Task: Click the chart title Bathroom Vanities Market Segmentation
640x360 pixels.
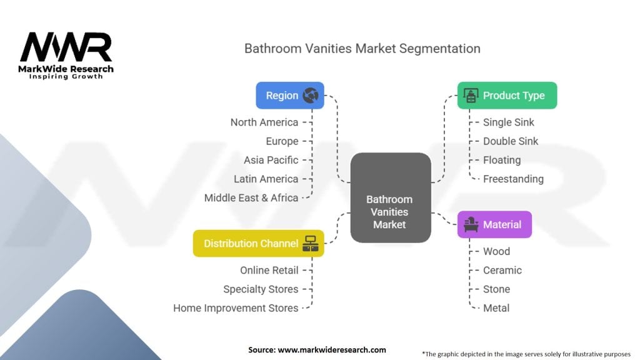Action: click(x=362, y=48)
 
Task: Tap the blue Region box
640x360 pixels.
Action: click(x=290, y=96)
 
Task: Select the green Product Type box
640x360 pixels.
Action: click(x=507, y=96)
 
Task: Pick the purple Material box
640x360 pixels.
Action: click(x=494, y=224)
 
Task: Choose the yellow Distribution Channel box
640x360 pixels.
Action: click(x=258, y=244)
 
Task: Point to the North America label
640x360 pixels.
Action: click(x=264, y=122)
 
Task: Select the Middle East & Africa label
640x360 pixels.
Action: click(x=251, y=197)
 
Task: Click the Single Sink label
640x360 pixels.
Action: click(x=509, y=122)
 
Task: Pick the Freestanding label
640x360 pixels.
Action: click(x=513, y=179)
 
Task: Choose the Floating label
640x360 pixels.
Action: click(x=502, y=160)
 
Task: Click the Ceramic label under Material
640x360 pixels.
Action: click(x=502, y=270)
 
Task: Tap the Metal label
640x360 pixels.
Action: click(x=496, y=307)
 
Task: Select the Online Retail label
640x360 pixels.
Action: click(x=269, y=270)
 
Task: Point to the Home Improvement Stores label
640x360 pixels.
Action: click(x=236, y=307)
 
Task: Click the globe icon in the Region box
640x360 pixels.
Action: click(x=311, y=96)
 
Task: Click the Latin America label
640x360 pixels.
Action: click(x=266, y=179)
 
